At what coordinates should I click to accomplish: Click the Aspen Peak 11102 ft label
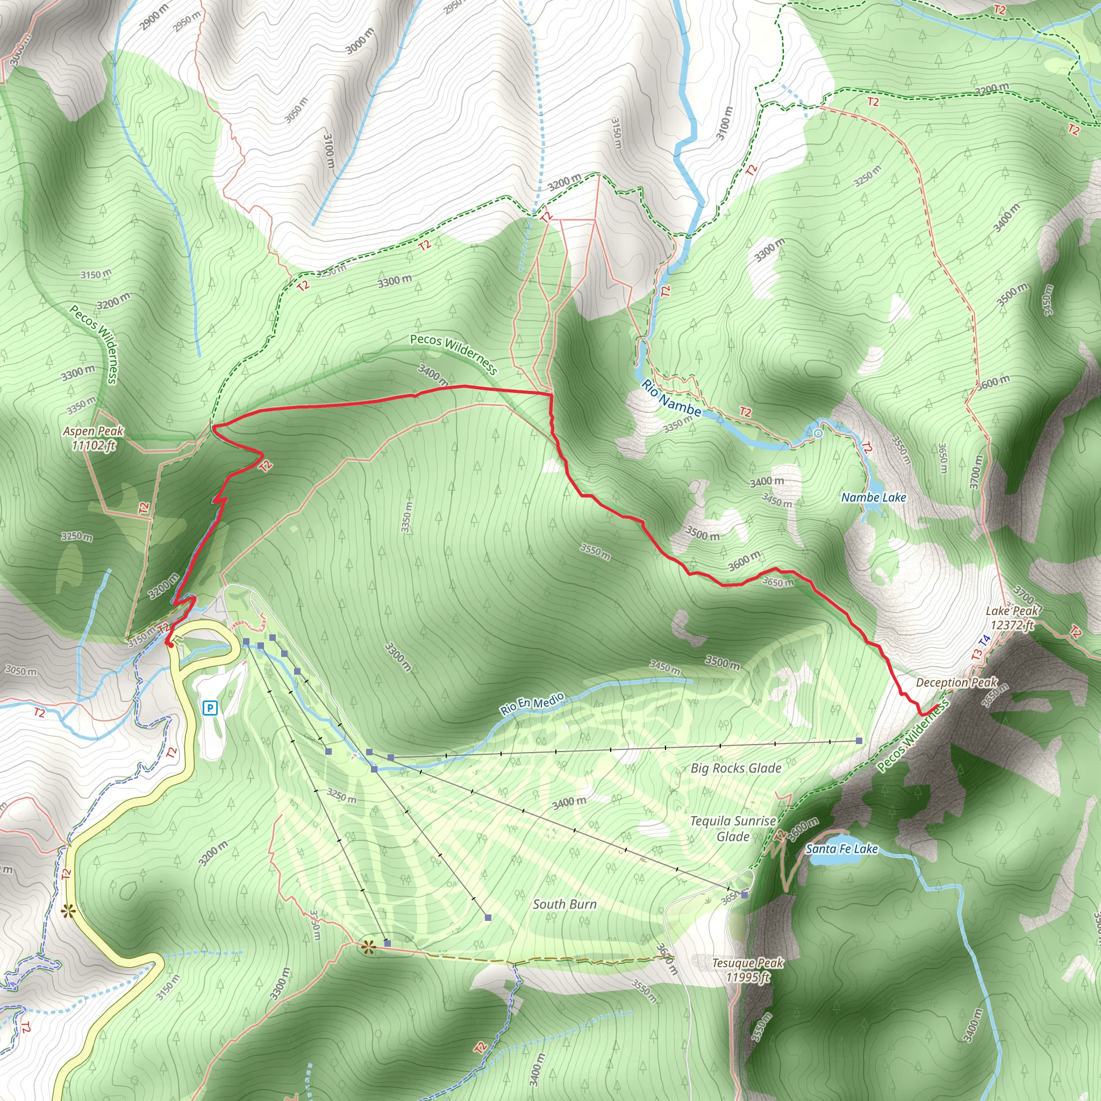click(94, 438)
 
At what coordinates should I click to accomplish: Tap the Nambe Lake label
click(874, 497)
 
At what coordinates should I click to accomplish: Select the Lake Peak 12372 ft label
click(1012, 618)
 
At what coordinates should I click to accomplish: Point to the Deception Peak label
click(957, 682)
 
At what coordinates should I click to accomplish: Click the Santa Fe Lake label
click(842, 848)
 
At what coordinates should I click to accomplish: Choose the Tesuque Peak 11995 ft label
click(748, 970)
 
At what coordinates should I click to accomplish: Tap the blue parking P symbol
click(210, 709)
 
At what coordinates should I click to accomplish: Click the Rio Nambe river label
click(671, 397)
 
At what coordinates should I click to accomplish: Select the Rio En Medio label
click(532, 703)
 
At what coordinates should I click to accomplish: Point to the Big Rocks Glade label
click(736, 768)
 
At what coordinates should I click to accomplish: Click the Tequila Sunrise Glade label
click(733, 828)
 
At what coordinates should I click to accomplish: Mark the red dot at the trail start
click(169, 644)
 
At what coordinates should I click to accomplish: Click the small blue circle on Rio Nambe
click(819, 433)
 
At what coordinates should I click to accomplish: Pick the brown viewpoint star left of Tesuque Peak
click(368, 948)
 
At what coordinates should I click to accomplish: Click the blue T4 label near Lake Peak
click(984, 641)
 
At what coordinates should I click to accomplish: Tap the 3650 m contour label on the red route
click(778, 582)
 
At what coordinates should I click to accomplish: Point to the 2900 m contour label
click(154, 17)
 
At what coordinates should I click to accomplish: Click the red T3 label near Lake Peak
click(977, 655)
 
